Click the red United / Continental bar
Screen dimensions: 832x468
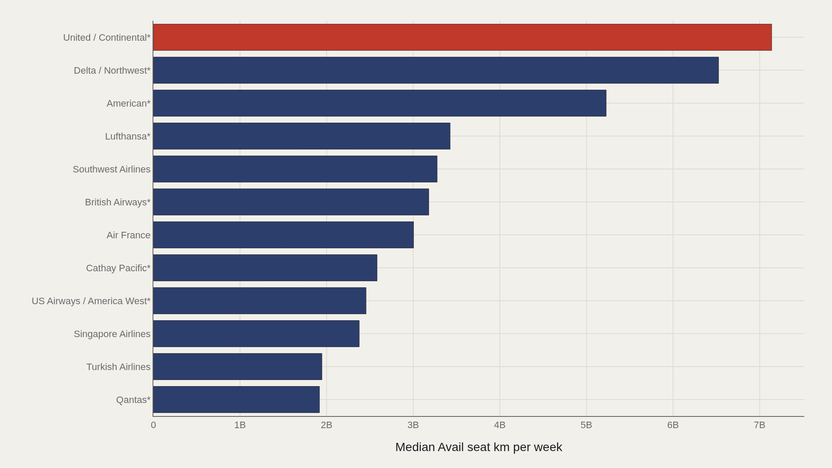(462, 37)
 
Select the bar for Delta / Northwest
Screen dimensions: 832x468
(436, 70)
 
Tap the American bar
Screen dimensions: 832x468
(380, 103)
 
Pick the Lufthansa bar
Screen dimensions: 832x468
(302, 136)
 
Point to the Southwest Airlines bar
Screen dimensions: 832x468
(295, 169)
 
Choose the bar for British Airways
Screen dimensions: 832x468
(291, 202)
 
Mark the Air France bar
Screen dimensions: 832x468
(283, 235)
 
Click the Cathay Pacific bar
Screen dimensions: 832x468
(265, 268)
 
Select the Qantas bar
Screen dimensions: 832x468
(237, 400)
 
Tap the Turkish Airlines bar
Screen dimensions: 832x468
(237, 367)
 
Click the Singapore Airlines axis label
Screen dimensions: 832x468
(112, 334)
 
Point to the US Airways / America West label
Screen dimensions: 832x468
(91, 301)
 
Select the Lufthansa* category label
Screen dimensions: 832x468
(128, 136)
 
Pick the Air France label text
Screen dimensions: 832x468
(128, 235)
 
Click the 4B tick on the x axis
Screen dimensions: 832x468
(500, 425)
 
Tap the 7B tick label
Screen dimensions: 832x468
(760, 425)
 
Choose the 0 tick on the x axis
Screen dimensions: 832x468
(153, 425)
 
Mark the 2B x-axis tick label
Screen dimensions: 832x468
(326, 425)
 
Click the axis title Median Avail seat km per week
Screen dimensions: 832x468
(479, 447)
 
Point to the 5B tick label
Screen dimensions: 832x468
(586, 425)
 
